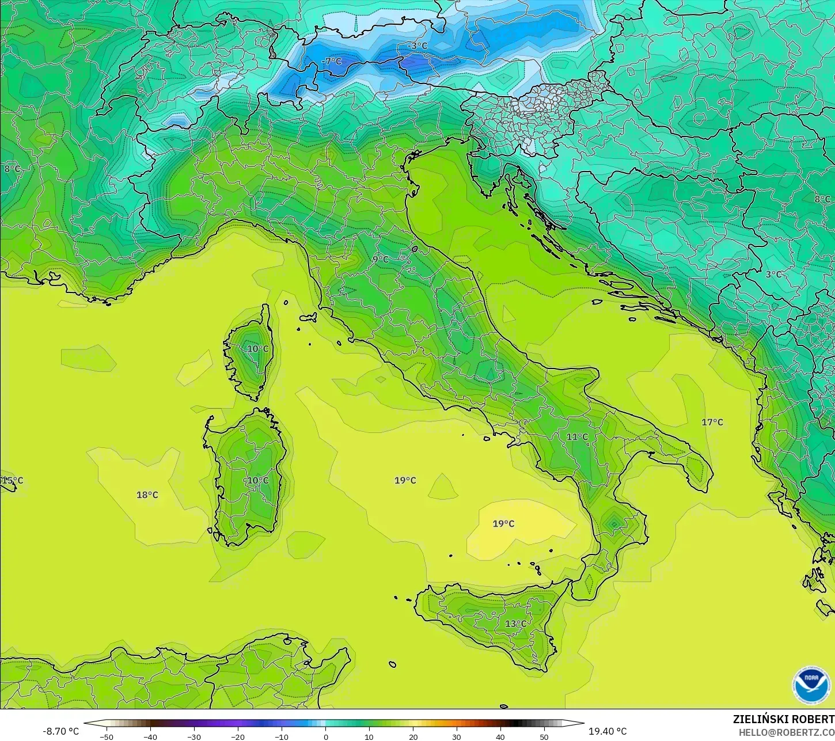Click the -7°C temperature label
332,62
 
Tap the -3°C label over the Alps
418,45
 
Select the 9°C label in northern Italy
380,259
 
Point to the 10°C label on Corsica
257,348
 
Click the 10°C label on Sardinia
257,480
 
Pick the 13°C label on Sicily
515,624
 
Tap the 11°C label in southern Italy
577,437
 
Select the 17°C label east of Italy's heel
712,422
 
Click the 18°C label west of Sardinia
147,495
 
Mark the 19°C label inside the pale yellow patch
503,523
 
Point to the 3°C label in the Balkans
773,274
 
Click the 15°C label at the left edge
12,480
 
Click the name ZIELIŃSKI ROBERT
783,720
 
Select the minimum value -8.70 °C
60,731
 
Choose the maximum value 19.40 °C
608,731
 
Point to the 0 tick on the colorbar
325,736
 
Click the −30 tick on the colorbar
194,736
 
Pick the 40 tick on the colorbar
500,736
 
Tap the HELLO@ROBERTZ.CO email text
787,732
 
